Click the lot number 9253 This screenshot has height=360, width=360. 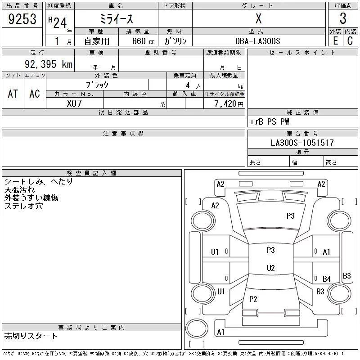click(x=22, y=19)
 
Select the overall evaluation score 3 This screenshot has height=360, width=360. click(x=343, y=19)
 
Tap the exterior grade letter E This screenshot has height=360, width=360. click(x=335, y=40)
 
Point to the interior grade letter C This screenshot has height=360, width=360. click(x=350, y=40)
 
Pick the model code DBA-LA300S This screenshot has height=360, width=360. click(x=258, y=41)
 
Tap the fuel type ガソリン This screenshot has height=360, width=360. click(x=175, y=41)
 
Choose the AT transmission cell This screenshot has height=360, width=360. click(x=13, y=94)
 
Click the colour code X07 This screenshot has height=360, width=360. click(x=74, y=103)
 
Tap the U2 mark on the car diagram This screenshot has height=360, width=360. click(x=270, y=268)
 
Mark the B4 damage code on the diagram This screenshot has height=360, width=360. click(x=326, y=279)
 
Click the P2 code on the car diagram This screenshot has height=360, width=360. click(x=253, y=299)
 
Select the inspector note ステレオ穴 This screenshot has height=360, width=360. click(x=24, y=206)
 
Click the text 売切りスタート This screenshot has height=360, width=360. click(x=31, y=336)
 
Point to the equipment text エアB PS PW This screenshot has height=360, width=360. click(x=270, y=121)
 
